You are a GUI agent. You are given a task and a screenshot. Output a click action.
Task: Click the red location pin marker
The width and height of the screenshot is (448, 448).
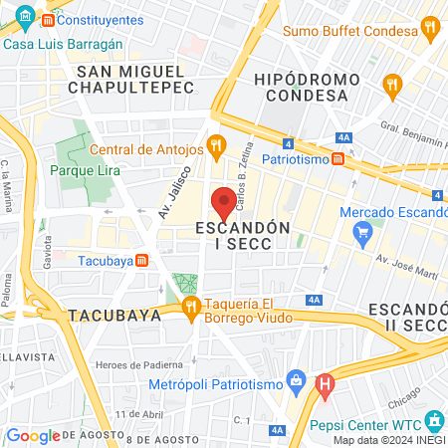pyautogui.click(x=224, y=203)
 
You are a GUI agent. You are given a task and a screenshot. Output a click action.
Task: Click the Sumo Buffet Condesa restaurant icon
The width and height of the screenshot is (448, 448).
pyautogui.click(x=429, y=27)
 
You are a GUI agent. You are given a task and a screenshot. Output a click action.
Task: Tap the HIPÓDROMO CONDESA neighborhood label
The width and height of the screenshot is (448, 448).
pyautogui.click(x=301, y=86)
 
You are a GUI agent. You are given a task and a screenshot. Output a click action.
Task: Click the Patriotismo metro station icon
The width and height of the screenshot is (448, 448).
pyautogui.click(x=338, y=158)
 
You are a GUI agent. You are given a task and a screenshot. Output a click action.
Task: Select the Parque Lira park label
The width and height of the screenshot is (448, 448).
pyautogui.click(x=86, y=169)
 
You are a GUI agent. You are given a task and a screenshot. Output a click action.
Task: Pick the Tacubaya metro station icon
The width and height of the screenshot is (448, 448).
pyautogui.click(x=141, y=261)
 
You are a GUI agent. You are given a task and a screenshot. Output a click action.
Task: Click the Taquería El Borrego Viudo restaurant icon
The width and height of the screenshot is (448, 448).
pyautogui.click(x=190, y=305)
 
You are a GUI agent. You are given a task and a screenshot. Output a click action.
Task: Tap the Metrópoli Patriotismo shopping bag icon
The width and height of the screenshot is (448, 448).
pyautogui.click(x=295, y=379)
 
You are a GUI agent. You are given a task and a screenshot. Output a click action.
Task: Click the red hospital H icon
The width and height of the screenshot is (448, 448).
pyautogui.click(x=325, y=383)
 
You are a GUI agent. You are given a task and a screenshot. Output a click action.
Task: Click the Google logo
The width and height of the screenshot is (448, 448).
pyautogui.click(x=32, y=435)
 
